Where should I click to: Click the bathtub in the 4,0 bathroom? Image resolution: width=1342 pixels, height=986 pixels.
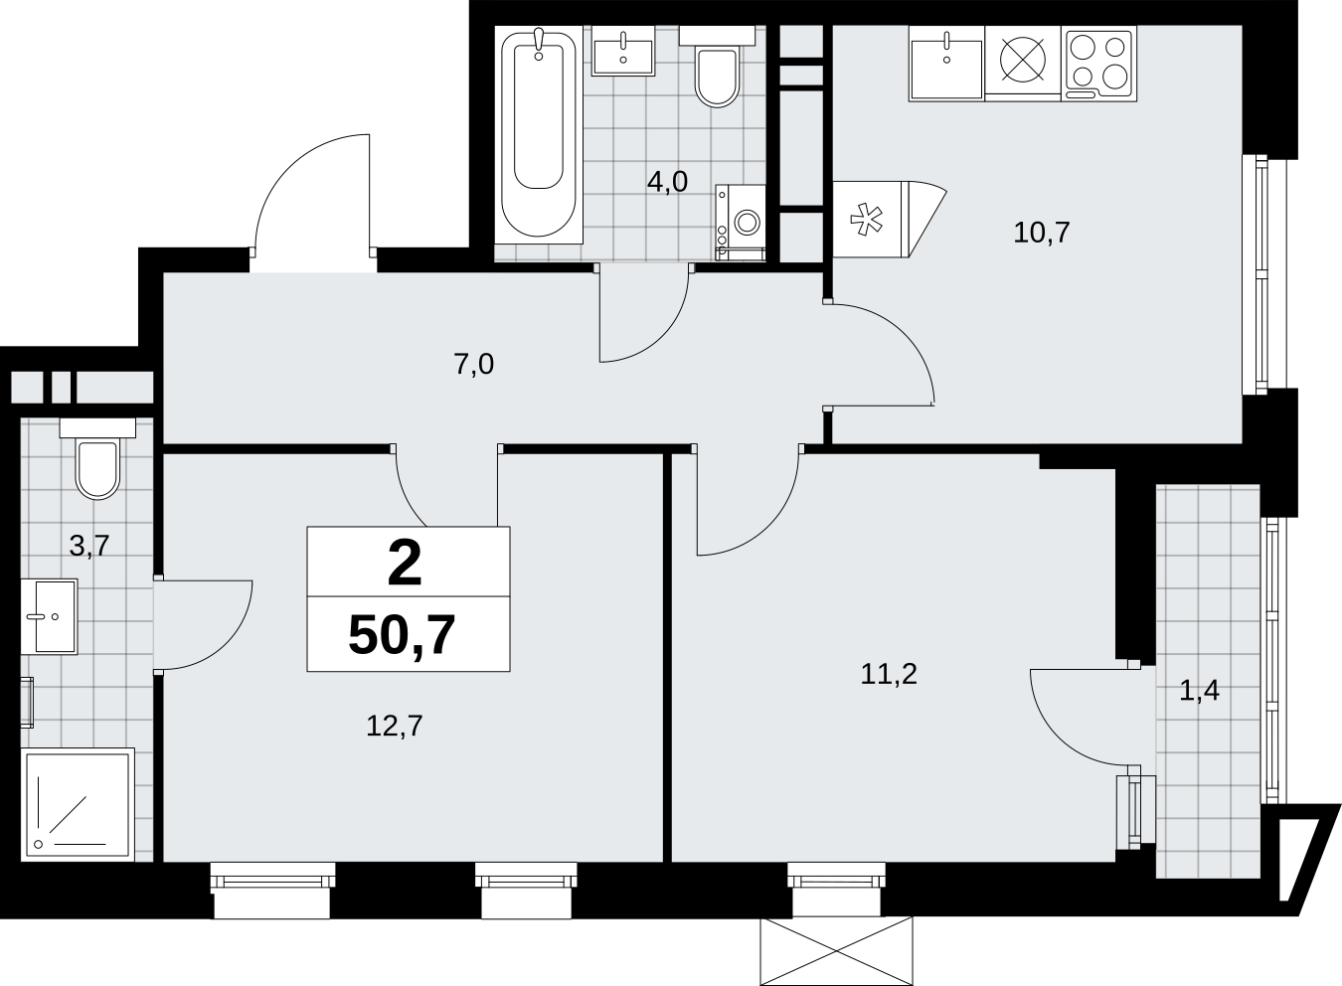click(538, 135)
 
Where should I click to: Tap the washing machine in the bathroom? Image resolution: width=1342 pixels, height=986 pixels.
click(741, 223)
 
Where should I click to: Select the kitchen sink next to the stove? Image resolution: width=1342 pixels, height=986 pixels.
click(946, 63)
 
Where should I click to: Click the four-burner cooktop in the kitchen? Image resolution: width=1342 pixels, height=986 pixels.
click(1098, 63)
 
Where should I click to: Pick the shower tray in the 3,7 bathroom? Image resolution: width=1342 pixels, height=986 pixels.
click(78, 803)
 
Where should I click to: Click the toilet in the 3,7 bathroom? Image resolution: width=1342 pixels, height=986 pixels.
click(97, 459)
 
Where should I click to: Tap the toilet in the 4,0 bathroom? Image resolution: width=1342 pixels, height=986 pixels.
click(717, 67)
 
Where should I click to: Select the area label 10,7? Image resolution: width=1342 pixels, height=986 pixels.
click(1041, 233)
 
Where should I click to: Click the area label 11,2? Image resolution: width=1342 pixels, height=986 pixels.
click(889, 675)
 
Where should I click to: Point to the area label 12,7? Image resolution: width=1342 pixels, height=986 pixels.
click(395, 726)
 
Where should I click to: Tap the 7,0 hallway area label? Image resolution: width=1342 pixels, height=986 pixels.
click(474, 364)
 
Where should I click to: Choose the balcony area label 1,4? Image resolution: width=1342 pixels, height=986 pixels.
click(1200, 691)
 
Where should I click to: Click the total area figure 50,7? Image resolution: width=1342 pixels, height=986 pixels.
click(402, 636)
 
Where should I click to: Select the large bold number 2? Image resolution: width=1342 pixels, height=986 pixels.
click(405, 564)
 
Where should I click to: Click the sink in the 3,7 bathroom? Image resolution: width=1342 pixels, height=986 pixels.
click(49, 616)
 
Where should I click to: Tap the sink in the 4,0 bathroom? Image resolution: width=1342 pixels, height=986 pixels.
click(623, 51)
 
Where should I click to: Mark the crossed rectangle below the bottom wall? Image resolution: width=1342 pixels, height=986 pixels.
click(836, 950)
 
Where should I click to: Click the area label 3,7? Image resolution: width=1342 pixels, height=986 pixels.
click(89, 546)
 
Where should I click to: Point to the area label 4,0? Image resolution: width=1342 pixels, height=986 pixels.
click(667, 182)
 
